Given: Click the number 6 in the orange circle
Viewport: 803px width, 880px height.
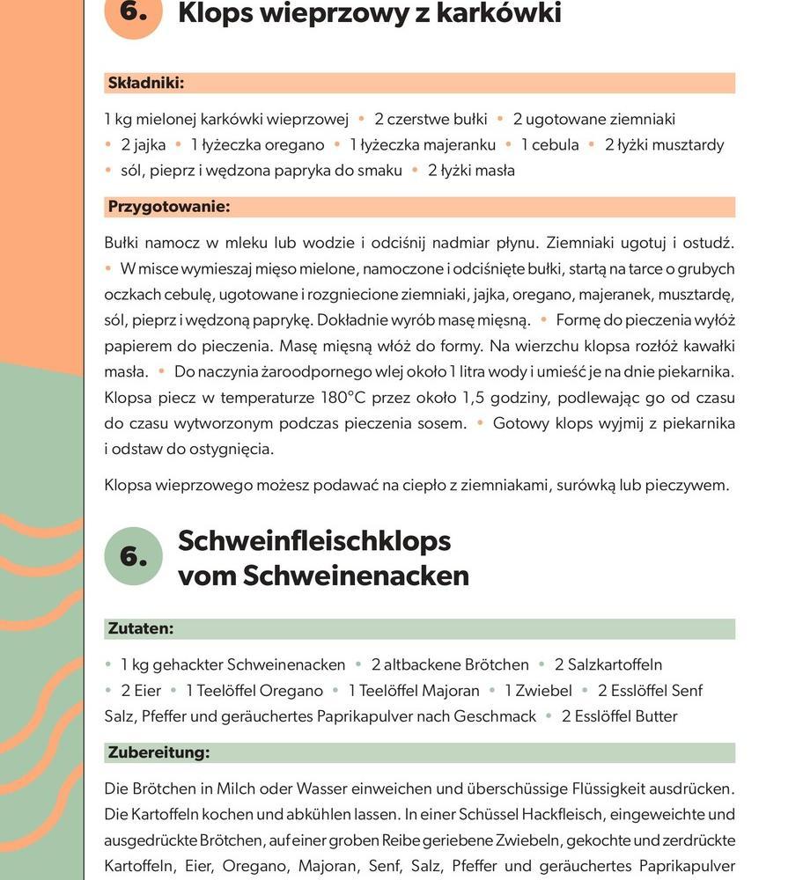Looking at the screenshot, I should coord(133,11).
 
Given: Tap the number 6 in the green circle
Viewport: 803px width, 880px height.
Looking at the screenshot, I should coord(133,556).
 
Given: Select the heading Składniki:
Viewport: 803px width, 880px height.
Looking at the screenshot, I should coord(145,84).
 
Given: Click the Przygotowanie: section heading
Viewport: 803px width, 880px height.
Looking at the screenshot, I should coord(168,207).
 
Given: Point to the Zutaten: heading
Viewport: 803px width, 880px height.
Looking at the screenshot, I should coord(140,629).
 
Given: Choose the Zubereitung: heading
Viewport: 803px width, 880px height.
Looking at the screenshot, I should coord(158,753).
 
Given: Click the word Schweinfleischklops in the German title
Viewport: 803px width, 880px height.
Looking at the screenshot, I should coord(314,540).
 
